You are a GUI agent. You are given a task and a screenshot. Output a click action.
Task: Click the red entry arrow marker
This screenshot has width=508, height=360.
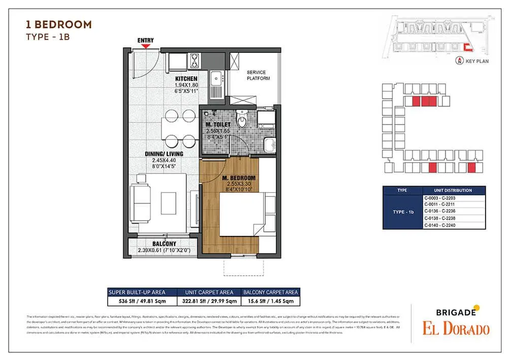point(146,46)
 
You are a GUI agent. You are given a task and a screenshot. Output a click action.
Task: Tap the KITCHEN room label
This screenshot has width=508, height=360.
point(186,79)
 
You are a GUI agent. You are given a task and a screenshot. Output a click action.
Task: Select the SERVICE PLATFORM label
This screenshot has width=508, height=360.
point(258,75)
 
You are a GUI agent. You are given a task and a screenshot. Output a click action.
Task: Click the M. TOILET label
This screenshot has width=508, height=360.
point(218,125)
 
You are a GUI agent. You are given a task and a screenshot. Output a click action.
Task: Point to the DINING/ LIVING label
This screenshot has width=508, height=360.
point(164,154)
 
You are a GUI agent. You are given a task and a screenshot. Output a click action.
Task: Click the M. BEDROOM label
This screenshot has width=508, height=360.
point(239,177)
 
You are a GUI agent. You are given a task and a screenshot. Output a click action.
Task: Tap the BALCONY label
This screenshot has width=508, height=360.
point(164,244)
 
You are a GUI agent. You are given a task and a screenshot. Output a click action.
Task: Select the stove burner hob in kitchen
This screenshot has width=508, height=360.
point(194,62)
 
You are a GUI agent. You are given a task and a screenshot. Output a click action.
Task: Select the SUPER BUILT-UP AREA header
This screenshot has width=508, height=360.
point(142,292)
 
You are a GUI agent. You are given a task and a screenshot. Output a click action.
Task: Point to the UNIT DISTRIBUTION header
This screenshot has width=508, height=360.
point(454,190)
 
